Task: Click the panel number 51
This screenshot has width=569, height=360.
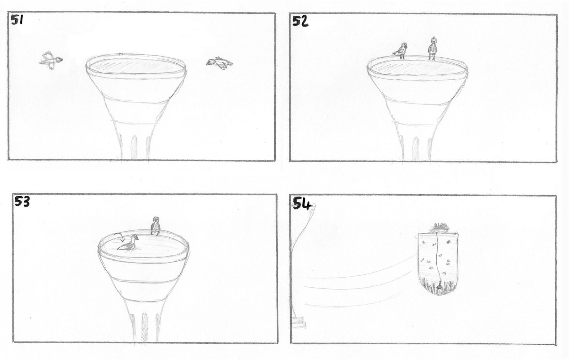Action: [17, 20]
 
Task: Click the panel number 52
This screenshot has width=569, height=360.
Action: [301, 21]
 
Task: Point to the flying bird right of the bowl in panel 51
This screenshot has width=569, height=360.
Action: [219, 63]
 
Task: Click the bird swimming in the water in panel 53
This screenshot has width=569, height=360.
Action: [128, 243]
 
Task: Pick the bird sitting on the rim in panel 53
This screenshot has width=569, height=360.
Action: [155, 226]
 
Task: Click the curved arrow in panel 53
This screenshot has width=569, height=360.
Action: [119, 237]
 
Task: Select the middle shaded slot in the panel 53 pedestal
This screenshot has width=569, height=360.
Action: [144, 328]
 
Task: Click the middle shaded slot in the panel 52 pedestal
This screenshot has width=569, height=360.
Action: [415, 149]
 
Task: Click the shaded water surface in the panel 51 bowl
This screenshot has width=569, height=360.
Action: [135, 67]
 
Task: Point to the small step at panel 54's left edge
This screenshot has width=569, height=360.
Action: [299, 321]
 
